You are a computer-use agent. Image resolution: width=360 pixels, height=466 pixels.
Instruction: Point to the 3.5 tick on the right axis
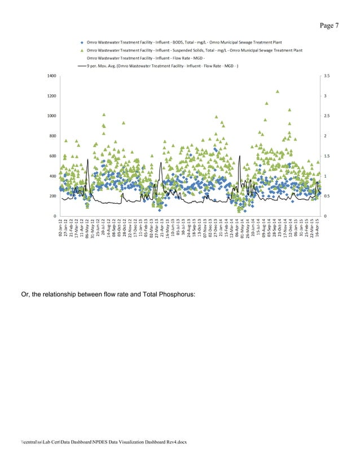(326, 76)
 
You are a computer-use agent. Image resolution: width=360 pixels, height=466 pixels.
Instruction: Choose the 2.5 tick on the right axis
(326, 116)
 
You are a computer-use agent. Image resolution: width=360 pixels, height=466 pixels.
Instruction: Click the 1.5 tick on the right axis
(326, 156)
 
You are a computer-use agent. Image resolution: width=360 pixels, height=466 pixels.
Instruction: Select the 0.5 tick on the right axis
(326, 196)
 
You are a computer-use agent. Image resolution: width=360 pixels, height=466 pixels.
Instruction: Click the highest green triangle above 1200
(278, 91)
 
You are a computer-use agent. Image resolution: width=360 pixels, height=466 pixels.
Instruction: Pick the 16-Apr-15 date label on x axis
(317, 231)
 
